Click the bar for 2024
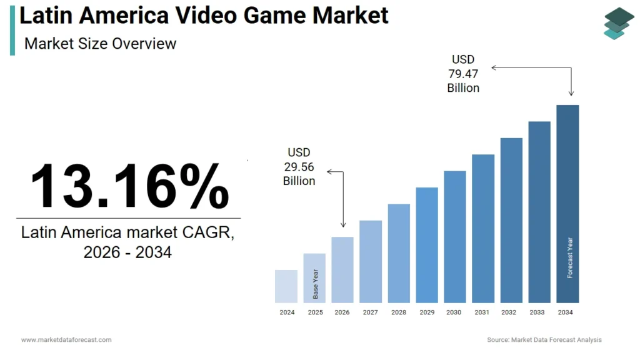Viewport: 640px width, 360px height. click(x=286, y=286)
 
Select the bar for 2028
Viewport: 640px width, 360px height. click(x=399, y=253)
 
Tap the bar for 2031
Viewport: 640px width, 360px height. click(x=483, y=228)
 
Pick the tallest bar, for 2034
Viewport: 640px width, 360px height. click(x=567, y=203)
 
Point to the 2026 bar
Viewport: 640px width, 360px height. click(x=342, y=269)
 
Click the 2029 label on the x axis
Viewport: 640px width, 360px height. click(x=427, y=312)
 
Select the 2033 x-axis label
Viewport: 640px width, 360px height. click(x=539, y=312)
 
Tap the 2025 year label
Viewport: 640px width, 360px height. click(x=315, y=312)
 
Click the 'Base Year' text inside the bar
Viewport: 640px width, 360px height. click(x=315, y=284)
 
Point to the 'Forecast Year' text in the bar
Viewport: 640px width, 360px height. click(x=569, y=257)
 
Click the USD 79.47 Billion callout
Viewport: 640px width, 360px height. click(x=463, y=74)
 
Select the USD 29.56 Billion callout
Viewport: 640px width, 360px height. click(x=299, y=166)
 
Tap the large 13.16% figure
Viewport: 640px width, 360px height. click(x=129, y=186)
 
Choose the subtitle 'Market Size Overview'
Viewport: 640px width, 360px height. click(x=101, y=44)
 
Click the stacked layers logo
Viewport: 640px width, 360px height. click(x=618, y=23)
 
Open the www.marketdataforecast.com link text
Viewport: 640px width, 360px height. click(x=66, y=340)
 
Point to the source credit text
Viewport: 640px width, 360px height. click(x=544, y=340)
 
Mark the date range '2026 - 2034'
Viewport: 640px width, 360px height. click(x=127, y=252)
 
